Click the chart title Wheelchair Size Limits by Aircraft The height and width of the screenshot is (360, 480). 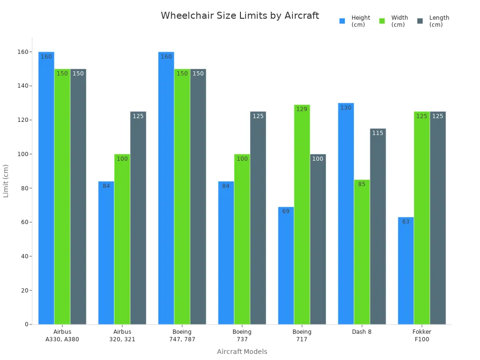(x=240, y=15)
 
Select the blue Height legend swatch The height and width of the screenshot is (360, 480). (x=342, y=21)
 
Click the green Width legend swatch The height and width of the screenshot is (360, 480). (x=382, y=21)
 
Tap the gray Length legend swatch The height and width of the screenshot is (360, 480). (x=420, y=21)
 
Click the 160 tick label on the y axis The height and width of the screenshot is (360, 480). (x=22, y=52)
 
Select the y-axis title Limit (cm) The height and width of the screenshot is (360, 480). (x=6, y=180)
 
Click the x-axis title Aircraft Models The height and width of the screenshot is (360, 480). (x=242, y=352)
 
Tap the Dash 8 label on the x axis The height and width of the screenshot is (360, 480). (x=361, y=332)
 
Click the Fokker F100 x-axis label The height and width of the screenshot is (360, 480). (x=422, y=335)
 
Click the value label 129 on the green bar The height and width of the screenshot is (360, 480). (x=302, y=109)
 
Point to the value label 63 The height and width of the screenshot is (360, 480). (x=406, y=222)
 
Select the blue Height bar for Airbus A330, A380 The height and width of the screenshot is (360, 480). (x=46, y=188)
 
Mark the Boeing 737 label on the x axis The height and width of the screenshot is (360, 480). (x=242, y=335)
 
